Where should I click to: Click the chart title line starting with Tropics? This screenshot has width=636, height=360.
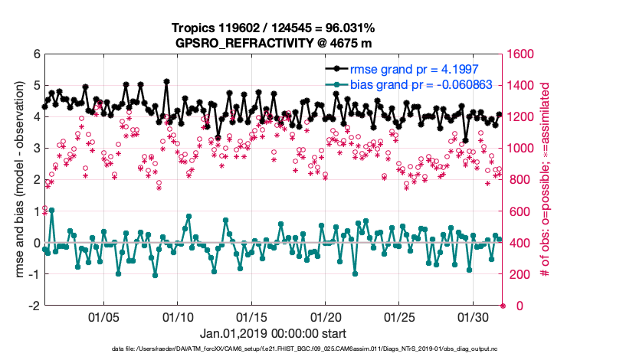pos(274,28)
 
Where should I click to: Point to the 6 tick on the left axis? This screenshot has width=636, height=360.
pos(36,54)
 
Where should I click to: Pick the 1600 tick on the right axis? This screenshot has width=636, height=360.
pos(522,54)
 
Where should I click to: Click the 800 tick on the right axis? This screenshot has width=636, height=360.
pos(519,180)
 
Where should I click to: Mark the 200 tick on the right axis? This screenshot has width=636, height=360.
pos(519,274)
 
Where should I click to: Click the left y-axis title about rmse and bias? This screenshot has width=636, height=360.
pos(18,180)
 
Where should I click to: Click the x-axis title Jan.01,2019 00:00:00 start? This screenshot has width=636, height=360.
pos(274,334)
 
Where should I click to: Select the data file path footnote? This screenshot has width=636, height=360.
pos(319,349)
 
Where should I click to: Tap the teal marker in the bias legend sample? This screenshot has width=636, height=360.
pos(336,85)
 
